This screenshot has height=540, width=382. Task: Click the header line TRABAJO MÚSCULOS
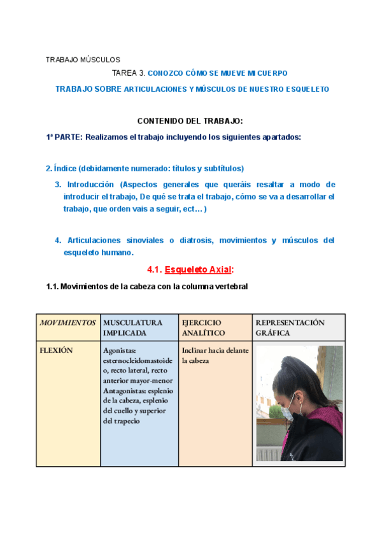82,59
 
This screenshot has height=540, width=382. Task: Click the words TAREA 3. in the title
129,73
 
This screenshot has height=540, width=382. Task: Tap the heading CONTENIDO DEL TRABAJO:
190,121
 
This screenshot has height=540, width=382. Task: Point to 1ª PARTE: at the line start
64,136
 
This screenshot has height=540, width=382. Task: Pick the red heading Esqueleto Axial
198,269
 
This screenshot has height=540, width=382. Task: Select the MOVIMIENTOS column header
68,323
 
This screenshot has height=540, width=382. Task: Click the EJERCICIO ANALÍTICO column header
204,327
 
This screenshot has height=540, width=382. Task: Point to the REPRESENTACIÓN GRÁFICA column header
290,327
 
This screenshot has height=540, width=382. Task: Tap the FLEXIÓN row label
56,350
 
